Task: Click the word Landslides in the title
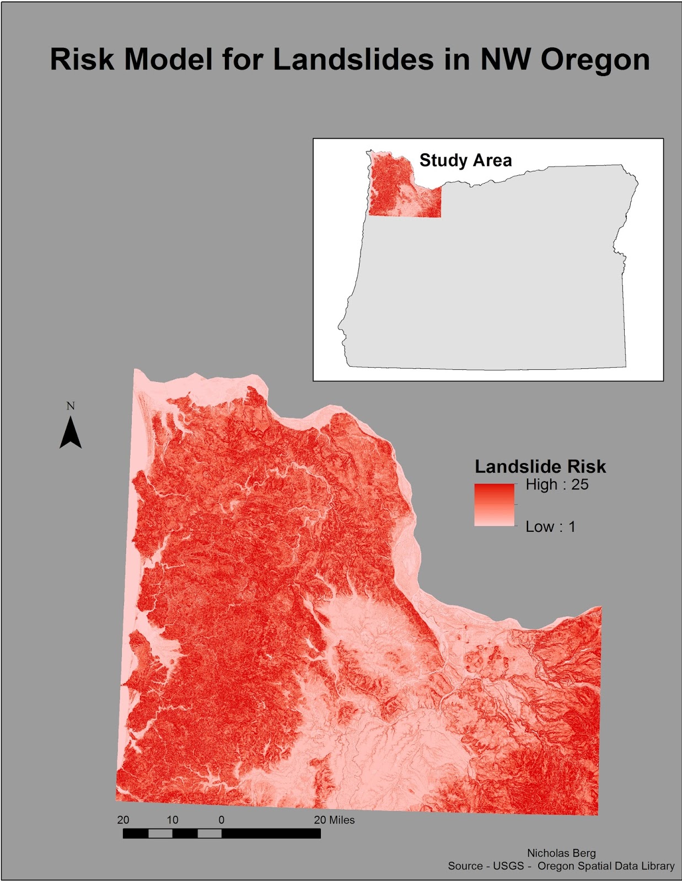[x=353, y=59]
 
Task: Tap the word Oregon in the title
[x=595, y=59]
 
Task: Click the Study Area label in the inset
[x=465, y=160]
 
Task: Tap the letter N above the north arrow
[x=71, y=406]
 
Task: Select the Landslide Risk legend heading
[x=540, y=467]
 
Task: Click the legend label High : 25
[x=557, y=485]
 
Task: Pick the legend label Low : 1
[x=550, y=526]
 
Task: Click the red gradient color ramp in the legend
[x=494, y=504]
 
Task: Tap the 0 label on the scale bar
[x=222, y=820]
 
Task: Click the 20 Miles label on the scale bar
[x=334, y=820]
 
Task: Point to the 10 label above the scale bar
[x=173, y=820]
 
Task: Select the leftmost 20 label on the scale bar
[x=123, y=820]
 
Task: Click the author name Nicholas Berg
[x=561, y=853]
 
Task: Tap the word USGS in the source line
[x=508, y=866]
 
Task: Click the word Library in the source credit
[x=656, y=866]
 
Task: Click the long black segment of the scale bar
[x=271, y=833]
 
